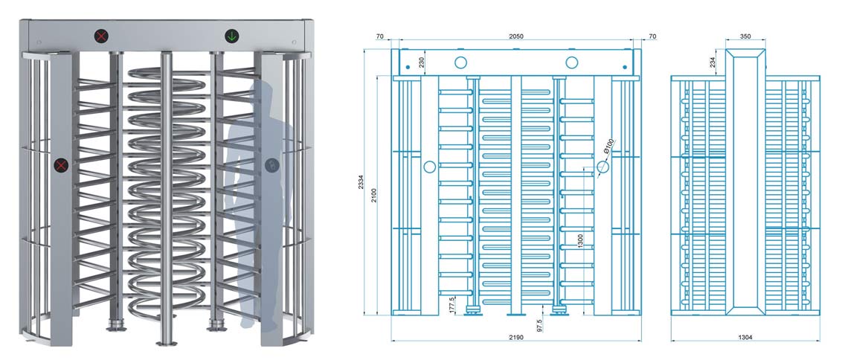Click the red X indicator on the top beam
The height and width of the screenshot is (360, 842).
coord(100,35)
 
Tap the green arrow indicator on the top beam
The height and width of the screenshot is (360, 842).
coord(232,35)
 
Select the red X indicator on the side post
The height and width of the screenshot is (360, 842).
coord(60,164)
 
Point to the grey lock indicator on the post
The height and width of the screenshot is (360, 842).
coord(269,164)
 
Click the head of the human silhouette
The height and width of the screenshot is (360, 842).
coord(260,95)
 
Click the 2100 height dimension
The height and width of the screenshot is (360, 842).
coord(375,195)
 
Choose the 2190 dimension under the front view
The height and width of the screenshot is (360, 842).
coord(515,338)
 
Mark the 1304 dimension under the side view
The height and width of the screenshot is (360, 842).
coord(745,338)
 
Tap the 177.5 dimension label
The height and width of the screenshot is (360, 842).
coord(452,305)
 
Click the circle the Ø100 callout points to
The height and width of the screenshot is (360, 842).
coord(602,167)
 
